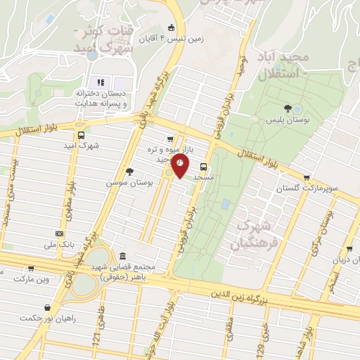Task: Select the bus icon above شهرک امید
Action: [82, 135]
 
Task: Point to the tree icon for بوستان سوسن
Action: [129, 171]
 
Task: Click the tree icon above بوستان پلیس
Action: [288, 108]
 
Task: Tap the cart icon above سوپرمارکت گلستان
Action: [306, 178]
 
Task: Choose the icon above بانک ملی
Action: [60, 233]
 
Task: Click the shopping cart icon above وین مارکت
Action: [31, 268]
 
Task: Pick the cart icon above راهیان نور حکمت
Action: [47, 307]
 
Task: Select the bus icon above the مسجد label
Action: [204, 167]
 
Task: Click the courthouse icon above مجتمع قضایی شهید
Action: [123, 256]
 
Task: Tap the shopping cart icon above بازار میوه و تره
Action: [169, 139]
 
